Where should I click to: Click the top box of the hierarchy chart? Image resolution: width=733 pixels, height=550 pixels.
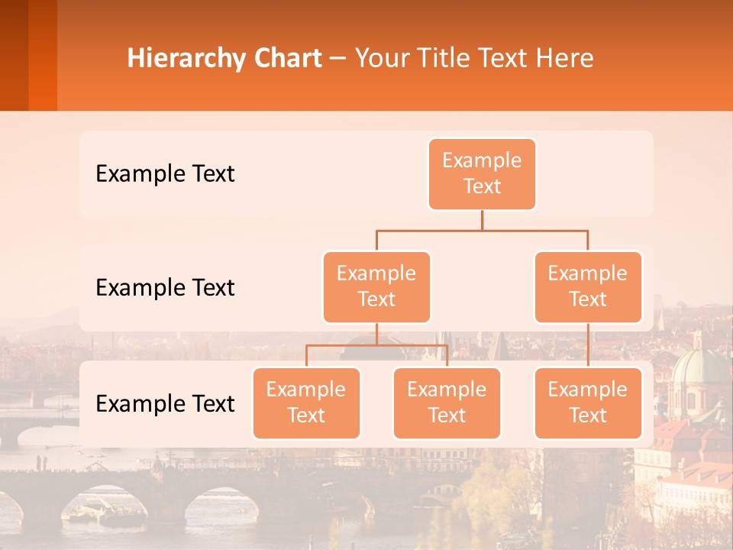coord(482,173)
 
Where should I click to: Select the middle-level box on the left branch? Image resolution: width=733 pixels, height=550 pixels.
coord(376,286)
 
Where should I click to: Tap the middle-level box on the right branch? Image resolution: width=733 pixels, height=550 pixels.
coord(588,286)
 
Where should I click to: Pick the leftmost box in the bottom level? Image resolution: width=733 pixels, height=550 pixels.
coord(306,403)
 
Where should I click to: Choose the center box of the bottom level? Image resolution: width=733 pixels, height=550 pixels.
coord(447,403)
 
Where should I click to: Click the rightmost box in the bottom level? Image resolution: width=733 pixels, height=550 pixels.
coord(588,403)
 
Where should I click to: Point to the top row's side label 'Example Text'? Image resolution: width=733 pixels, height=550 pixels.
coord(165,173)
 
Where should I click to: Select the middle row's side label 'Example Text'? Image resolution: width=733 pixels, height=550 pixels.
coord(165,287)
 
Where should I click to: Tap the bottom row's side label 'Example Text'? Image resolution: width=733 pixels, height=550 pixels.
coord(165,403)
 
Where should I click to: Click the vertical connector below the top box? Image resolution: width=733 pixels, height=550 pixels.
coord(482,219)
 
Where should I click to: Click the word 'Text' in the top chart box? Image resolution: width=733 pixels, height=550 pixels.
coord(482,186)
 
